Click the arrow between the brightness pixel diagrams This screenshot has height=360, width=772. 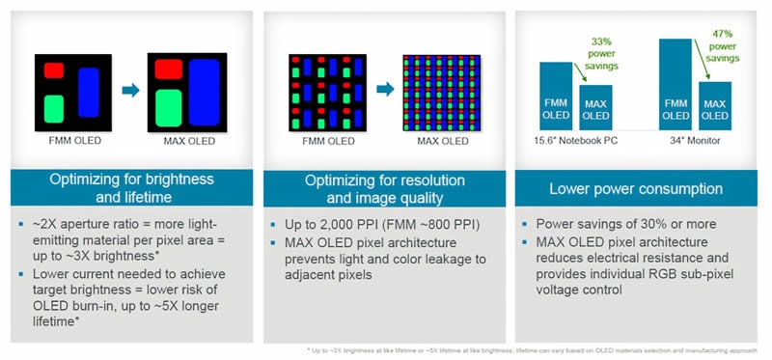128,90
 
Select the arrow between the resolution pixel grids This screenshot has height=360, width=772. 383,90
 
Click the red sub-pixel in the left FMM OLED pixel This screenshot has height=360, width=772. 53,69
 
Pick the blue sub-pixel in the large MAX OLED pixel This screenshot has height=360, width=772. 204,91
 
